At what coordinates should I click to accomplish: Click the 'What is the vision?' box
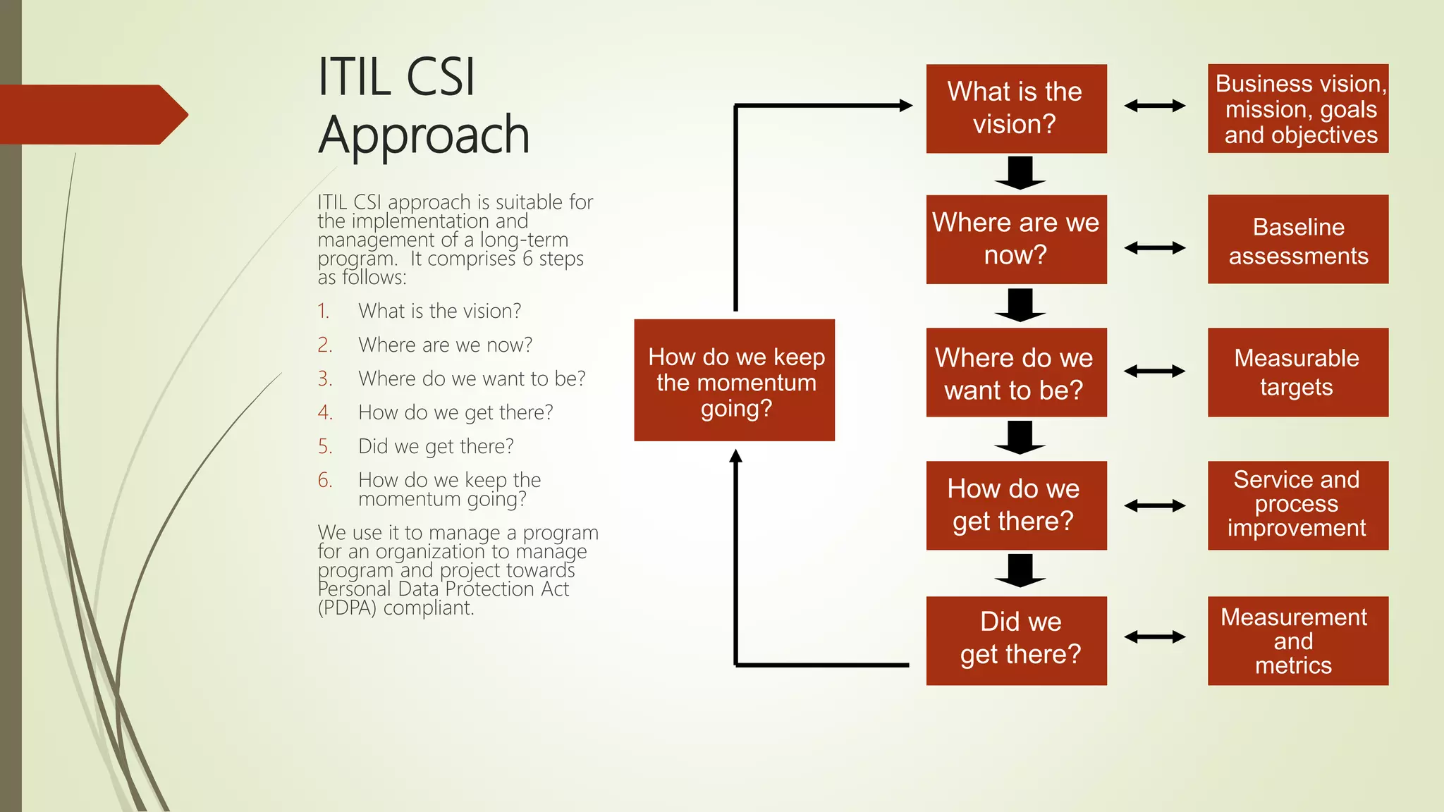tap(1016, 109)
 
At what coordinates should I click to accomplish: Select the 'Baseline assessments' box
tap(1297, 240)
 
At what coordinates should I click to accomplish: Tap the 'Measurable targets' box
tap(1297, 372)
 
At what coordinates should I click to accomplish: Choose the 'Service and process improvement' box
tap(1297, 505)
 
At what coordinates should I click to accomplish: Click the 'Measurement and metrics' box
tap(1297, 640)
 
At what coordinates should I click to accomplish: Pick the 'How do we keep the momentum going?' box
tap(734, 381)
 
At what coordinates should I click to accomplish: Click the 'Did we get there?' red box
tap(1016, 640)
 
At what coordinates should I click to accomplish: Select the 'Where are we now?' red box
tap(1016, 240)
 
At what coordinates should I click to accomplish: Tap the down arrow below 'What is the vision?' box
tap(1020, 173)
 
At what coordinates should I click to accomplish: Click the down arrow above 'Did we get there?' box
tap(1020, 570)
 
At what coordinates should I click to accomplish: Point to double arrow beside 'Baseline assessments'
tap(1154, 248)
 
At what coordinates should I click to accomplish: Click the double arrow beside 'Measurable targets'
tap(1154, 371)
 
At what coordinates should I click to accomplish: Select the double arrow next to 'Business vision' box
tap(1154, 106)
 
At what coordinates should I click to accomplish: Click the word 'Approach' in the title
tap(423, 135)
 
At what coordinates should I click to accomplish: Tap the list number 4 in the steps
tap(324, 412)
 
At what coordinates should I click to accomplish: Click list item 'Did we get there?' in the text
tap(436, 446)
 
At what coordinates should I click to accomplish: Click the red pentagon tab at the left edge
tap(92, 115)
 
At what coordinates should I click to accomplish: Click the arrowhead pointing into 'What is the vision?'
tap(906, 106)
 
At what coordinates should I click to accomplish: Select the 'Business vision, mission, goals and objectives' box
tap(1297, 109)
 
